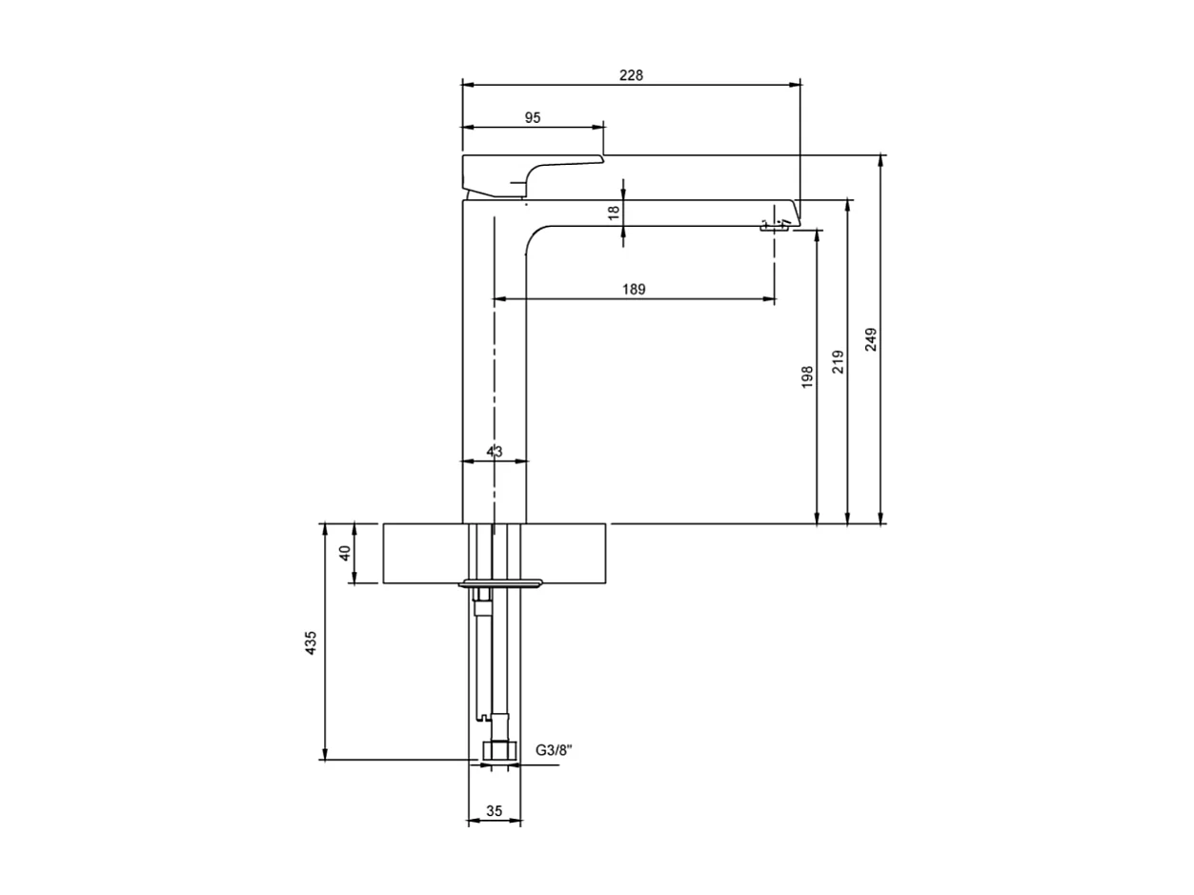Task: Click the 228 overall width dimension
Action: point(631,75)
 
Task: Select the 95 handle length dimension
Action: point(533,117)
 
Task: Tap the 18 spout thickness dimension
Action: point(614,213)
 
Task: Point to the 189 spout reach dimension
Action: point(634,289)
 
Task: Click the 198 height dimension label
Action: point(807,377)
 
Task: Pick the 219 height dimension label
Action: point(838,361)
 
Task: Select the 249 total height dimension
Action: point(871,339)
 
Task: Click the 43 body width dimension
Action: point(495,451)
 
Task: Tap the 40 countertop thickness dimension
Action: point(346,553)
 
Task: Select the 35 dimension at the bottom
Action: point(495,811)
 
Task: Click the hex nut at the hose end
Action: point(496,750)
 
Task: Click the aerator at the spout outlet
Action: point(773,227)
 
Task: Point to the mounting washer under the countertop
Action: point(500,582)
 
